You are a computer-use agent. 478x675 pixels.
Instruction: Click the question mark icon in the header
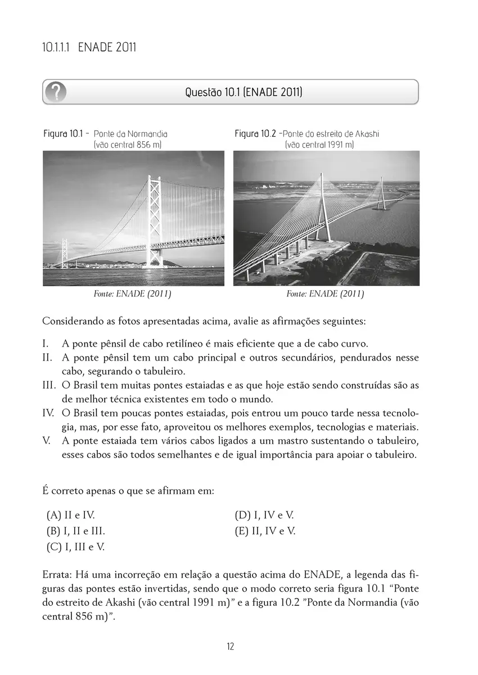point(57,92)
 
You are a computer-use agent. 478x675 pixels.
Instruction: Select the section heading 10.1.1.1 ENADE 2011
point(89,47)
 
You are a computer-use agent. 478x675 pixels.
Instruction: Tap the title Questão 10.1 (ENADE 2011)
point(243,92)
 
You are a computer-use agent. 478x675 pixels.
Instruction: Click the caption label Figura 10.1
point(63,134)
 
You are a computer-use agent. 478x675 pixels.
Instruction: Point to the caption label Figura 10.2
point(255,134)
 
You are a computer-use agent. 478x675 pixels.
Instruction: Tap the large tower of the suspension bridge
point(154,219)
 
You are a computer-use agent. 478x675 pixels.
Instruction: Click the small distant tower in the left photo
point(65,253)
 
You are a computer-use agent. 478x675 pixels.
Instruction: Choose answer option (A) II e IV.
point(71,515)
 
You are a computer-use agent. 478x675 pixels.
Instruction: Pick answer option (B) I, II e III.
point(76,530)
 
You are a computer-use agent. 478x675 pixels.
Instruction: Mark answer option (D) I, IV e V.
point(264,515)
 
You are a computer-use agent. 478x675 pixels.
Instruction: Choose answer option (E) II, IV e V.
point(265,530)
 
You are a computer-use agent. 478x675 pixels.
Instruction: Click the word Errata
point(56,575)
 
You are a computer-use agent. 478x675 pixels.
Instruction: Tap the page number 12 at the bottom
point(231,646)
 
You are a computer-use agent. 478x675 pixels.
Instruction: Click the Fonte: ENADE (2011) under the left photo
point(132,294)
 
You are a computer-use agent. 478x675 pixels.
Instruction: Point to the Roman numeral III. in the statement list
point(49,385)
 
